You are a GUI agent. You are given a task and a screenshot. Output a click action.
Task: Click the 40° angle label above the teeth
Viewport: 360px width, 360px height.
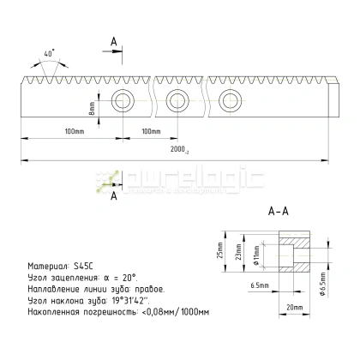click(50, 53)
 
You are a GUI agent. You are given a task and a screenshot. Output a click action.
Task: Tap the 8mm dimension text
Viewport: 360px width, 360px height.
click(91, 111)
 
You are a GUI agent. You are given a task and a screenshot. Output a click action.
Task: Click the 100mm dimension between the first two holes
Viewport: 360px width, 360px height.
click(150, 131)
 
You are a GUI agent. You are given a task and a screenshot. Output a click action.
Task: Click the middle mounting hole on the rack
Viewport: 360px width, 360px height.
click(177, 100)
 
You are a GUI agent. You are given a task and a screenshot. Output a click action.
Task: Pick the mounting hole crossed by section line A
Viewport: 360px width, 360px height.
click(123, 100)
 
